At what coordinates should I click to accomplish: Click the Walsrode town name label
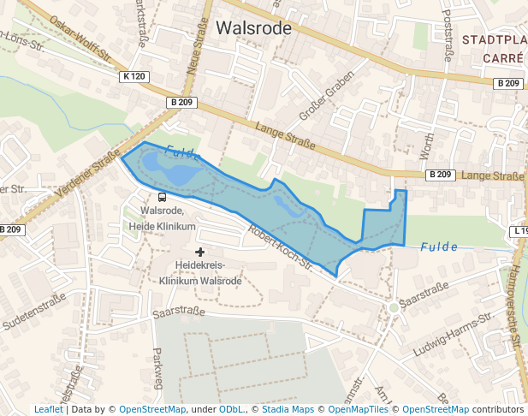click(x=253, y=28)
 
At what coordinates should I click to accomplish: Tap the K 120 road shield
click(x=134, y=77)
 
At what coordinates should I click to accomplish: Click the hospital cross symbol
click(x=200, y=252)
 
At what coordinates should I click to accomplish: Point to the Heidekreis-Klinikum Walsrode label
click(x=200, y=273)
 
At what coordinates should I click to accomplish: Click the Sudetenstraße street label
click(x=34, y=315)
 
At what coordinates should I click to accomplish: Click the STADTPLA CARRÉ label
click(x=492, y=49)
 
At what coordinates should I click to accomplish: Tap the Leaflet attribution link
click(x=48, y=410)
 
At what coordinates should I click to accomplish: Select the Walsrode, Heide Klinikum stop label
click(x=168, y=218)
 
